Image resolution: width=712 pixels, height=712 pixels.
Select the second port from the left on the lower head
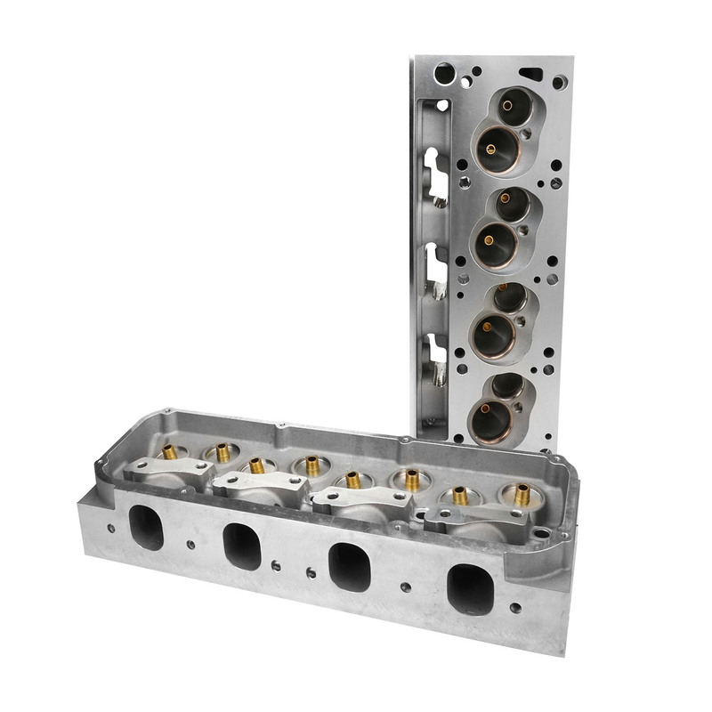coord(240,545)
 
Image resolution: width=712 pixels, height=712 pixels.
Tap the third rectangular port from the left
coord(349,566)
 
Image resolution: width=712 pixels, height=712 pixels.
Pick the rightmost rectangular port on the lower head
coord(469,589)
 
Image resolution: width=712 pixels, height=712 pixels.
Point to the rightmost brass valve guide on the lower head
coord(522,492)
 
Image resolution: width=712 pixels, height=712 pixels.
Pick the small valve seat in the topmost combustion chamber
coord(507,106)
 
